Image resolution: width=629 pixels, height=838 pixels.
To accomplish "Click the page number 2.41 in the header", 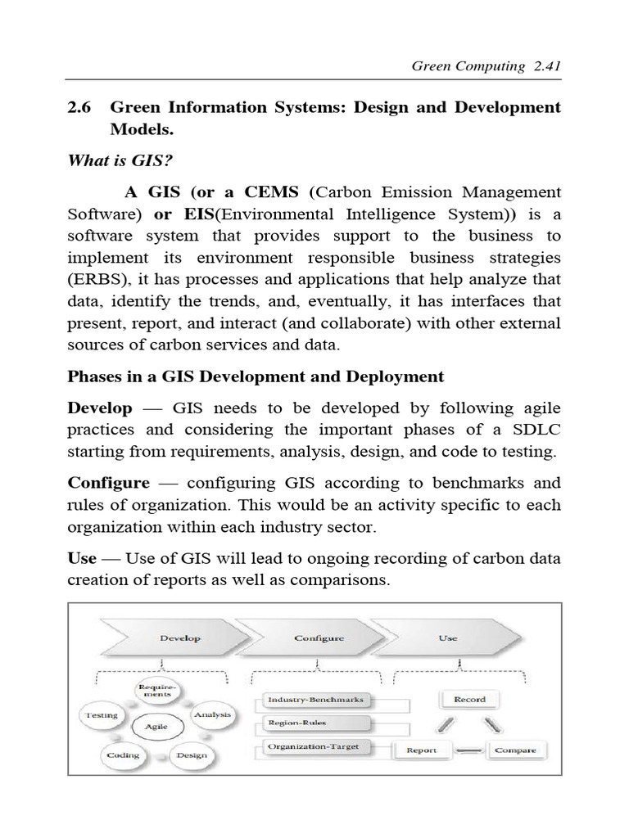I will pyautogui.click(x=544, y=66).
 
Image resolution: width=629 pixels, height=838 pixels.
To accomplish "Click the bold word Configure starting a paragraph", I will pyautogui.click(x=108, y=483).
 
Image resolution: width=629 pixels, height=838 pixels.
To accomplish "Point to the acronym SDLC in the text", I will pyautogui.click(x=535, y=430).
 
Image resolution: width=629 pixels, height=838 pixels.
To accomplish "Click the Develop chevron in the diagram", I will pyautogui.click(x=180, y=638).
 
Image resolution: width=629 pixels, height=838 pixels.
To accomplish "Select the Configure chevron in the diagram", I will pyautogui.click(x=319, y=638).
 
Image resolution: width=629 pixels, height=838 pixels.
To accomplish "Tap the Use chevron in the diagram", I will pyautogui.click(x=448, y=638).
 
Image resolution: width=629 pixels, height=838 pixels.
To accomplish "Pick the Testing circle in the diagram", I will pyautogui.click(x=102, y=715).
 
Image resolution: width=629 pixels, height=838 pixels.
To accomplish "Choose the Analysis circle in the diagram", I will pyautogui.click(x=212, y=714).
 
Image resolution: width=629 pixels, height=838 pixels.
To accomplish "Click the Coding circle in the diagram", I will pyautogui.click(x=123, y=755).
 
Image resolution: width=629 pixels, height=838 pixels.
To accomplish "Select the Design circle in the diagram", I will pyautogui.click(x=191, y=755).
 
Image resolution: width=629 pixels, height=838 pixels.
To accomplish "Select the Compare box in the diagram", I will pyautogui.click(x=516, y=750).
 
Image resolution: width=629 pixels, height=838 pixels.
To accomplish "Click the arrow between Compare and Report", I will pyautogui.click(x=468, y=750).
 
